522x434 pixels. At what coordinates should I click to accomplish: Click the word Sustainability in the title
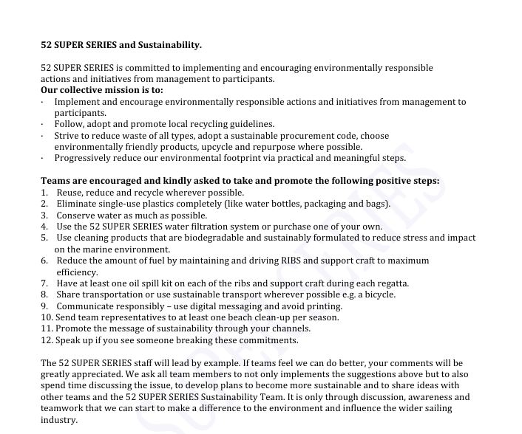[172, 45]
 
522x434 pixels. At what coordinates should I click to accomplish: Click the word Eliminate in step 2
[77, 204]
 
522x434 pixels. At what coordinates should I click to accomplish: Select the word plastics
[165, 204]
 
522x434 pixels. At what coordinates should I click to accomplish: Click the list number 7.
[44, 283]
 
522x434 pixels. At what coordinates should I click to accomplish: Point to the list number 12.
[47, 340]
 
